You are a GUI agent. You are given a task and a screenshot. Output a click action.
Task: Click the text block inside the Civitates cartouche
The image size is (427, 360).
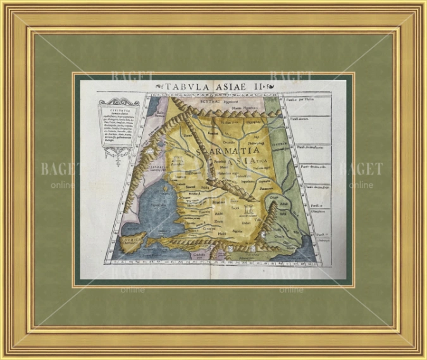click(114, 125)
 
